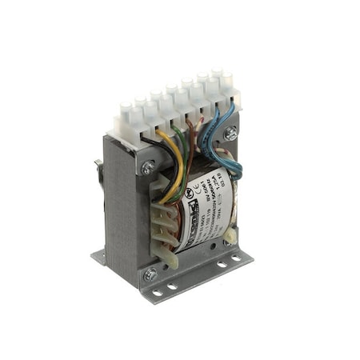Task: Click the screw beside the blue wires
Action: coord(230,134)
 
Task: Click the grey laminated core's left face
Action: coord(120,208)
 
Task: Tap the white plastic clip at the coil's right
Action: coord(230,234)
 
